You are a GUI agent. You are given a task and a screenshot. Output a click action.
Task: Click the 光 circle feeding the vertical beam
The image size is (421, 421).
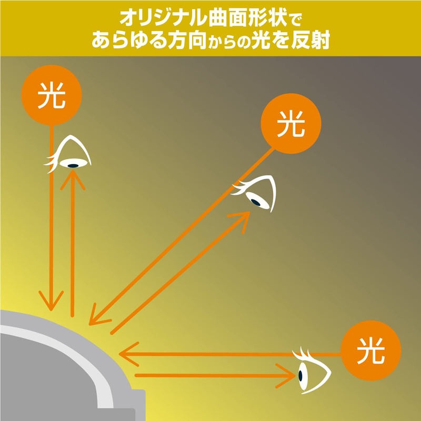(51, 95)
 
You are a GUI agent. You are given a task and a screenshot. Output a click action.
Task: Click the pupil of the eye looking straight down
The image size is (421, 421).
(72, 164)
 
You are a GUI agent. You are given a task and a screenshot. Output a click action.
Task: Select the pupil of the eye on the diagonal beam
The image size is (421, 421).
(255, 201)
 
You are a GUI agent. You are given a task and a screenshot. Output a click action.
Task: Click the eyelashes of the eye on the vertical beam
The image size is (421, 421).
(52, 163)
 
